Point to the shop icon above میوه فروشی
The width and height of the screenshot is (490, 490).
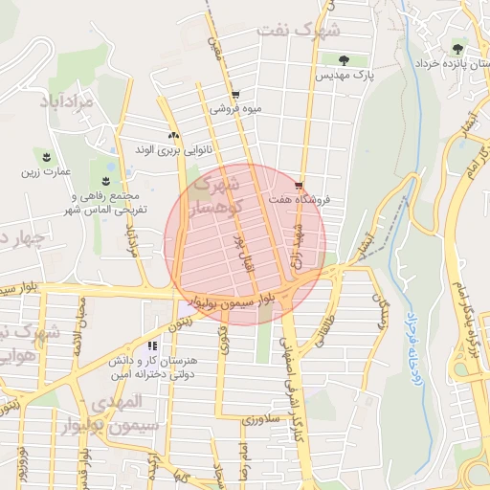tap(235, 94)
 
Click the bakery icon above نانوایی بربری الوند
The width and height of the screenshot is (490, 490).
tap(173, 135)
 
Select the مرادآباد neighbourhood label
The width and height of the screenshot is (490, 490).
tap(65, 99)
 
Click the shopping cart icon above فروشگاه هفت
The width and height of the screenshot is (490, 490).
tap(300, 185)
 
